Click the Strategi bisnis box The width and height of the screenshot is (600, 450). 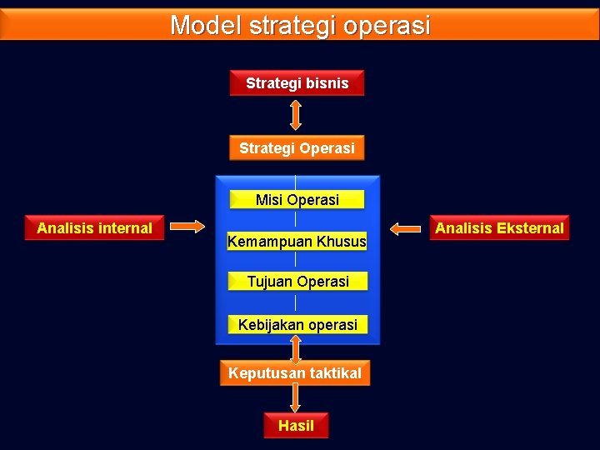point(297,83)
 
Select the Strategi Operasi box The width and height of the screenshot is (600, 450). point(297,148)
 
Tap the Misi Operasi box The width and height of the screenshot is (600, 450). point(297,200)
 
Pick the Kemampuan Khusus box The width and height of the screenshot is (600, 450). point(297,242)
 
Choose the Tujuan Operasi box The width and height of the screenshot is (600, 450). point(297,282)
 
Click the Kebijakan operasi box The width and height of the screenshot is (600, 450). point(297,325)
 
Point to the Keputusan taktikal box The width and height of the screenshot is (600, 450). point(295,373)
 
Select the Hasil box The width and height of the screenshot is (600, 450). point(296,426)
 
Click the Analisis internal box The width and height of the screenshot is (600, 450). point(95,227)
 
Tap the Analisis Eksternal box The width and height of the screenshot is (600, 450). point(499,227)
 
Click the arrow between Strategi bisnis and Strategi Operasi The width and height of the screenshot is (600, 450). point(296,115)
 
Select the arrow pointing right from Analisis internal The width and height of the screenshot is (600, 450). point(191,226)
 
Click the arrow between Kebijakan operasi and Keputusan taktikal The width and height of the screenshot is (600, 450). point(296,348)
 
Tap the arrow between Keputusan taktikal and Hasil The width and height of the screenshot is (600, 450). point(296,398)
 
